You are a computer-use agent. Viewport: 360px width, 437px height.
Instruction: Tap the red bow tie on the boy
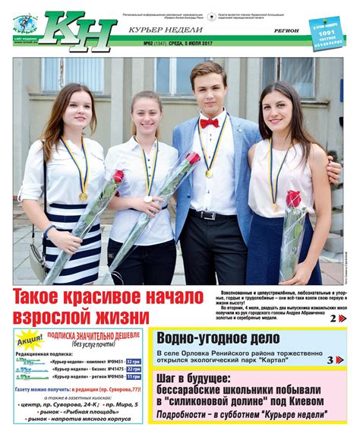209,122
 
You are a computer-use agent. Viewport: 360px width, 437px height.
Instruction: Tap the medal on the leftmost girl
84,197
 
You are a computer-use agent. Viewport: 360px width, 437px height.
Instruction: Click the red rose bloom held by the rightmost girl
293,199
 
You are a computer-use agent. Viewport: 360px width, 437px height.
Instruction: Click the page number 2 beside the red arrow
333,318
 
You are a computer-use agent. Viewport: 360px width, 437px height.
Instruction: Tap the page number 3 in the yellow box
330,359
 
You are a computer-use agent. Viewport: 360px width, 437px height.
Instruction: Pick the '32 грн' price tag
133,362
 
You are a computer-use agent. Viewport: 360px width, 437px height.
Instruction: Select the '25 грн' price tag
133,369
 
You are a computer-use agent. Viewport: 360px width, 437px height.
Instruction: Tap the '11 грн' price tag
133,377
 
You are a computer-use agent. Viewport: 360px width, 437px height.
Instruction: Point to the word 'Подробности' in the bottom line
182,415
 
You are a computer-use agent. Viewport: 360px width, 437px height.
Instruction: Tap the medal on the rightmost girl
275,207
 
